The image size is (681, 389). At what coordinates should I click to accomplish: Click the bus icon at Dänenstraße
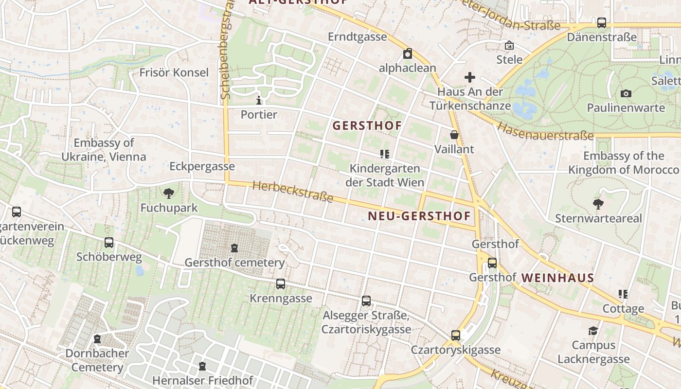pos(602,23)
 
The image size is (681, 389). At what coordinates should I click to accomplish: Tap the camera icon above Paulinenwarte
pos(626,93)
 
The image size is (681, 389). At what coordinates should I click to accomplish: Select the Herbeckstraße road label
pos(293,192)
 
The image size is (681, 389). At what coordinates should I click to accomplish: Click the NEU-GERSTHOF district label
pos(419,216)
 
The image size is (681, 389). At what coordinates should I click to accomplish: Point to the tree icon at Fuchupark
pos(169,194)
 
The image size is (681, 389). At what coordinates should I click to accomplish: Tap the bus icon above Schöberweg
pos(109,242)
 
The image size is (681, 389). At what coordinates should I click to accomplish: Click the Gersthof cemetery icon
pos(234,248)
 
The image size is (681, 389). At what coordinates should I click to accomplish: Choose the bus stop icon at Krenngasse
pos(281,284)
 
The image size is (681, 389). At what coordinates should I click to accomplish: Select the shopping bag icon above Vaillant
pos(454,135)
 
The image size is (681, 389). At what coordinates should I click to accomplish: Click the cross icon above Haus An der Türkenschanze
pos(470,77)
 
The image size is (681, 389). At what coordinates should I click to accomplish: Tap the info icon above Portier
pos(259,101)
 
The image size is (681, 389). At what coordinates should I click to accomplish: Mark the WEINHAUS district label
pos(557,278)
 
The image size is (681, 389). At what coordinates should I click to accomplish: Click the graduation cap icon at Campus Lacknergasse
pos(593,331)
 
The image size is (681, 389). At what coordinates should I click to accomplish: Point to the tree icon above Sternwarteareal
pos(598,204)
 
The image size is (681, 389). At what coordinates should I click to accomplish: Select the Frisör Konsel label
pos(174,72)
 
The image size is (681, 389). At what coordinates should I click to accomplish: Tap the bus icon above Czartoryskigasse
pos(456,335)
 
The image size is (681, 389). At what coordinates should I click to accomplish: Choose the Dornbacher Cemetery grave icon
pos(97,339)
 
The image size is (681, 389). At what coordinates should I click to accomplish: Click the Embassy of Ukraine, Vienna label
pos(104,150)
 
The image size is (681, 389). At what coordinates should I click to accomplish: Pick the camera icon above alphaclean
pos(408,53)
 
